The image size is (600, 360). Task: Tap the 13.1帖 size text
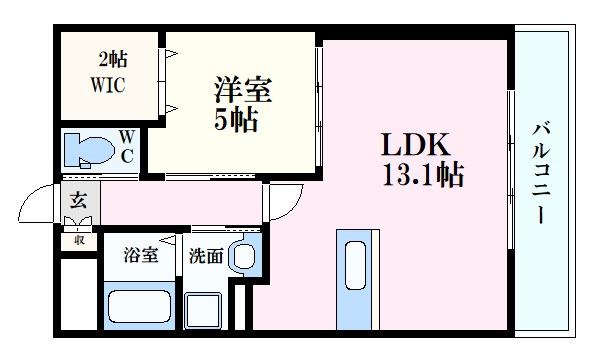420,176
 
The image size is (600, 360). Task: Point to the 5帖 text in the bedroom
238,121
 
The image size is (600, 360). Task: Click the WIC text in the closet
109,85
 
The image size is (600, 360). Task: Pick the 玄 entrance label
78,200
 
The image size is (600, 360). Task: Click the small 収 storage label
78,240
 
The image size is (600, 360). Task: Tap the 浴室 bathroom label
140,254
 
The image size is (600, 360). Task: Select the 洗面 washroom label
205,254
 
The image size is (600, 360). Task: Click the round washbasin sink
242,256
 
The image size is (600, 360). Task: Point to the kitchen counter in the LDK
354,280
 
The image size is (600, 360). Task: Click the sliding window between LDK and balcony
511,170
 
